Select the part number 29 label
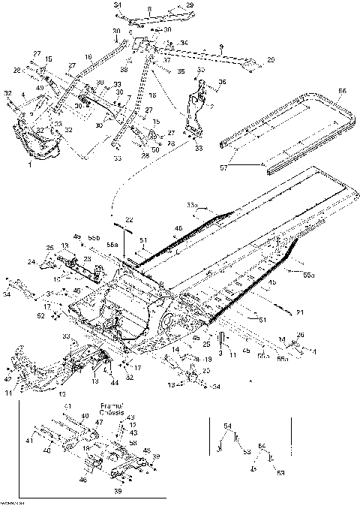pos(189,5)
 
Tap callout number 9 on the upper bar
pos(221,47)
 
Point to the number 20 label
pos(271,59)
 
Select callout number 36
pos(222,82)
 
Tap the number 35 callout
pos(180,72)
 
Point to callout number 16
pos(88,56)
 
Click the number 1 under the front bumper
pos(29,162)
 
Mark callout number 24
pos(32,262)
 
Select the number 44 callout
pos(115,383)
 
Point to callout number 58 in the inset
pos(133,444)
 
